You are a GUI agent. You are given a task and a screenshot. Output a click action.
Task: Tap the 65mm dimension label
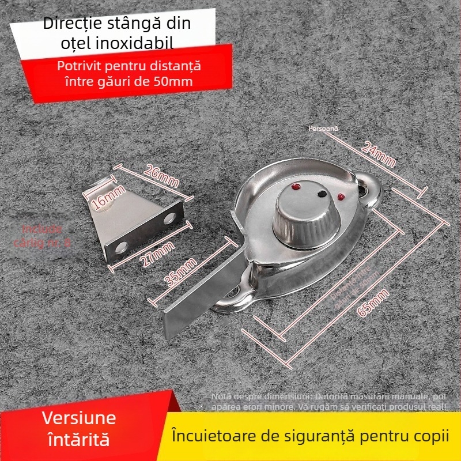[373, 303]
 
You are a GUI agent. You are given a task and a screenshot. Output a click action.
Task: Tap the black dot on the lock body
[320, 194]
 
